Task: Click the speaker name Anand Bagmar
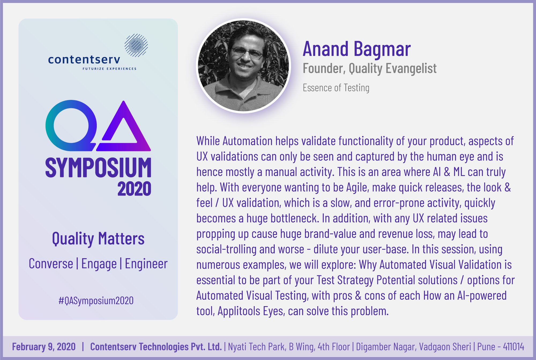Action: pyautogui.click(x=357, y=49)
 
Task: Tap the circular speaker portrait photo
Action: pyautogui.click(x=244, y=66)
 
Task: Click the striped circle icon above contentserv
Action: pyautogui.click(x=136, y=45)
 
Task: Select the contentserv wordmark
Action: pyautogui.click(x=84, y=59)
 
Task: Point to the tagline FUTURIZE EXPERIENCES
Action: pyautogui.click(x=109, y=69)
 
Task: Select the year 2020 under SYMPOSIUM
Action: pyautogui.click(x=134, y=189)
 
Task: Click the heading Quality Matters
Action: pyautogui.click(x=98, y=239)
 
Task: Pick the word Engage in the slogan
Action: pyautogui.click(x=99, y=264)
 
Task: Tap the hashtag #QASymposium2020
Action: pyautogui.click(x=96, y=301)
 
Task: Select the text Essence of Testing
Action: pyautogui.click(x=336, y=88)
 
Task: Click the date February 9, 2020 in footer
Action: pyautogui.click(x=44, y=347)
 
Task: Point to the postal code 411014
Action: pyautogui.click(x=513, y=347)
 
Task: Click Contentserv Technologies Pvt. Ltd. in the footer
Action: pyautogui.click(x=156, y=347)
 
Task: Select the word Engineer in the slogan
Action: pyautogui.click(x=146, y=264)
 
